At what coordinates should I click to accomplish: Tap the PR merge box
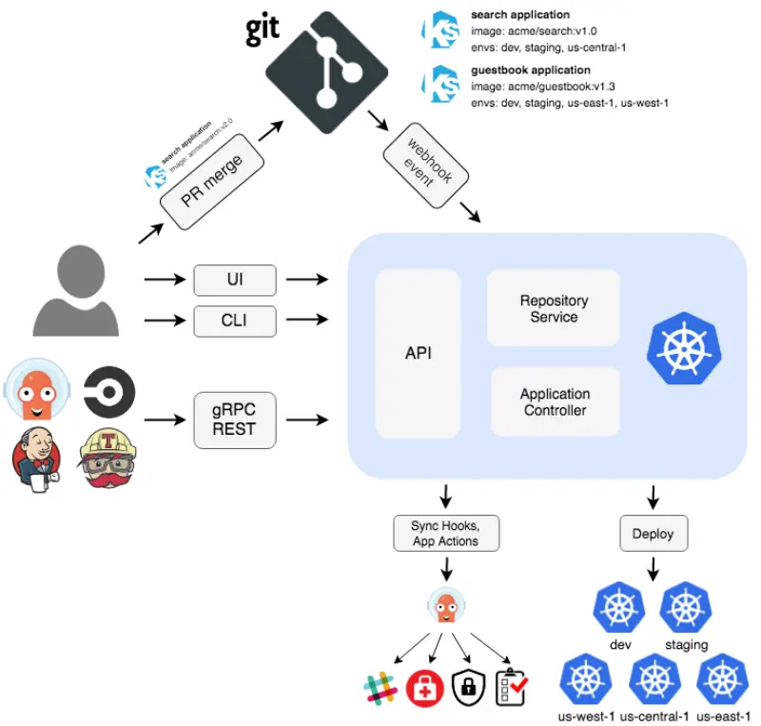211,181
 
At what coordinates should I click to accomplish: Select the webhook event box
420,161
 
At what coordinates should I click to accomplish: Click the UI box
235,281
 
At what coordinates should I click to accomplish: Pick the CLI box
235,321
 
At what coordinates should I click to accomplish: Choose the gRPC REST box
235,419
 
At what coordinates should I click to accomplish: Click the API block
419,352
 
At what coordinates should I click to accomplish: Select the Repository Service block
554,307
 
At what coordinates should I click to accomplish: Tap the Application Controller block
555,402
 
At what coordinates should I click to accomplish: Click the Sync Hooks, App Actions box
445,533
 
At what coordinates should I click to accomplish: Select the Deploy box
653,533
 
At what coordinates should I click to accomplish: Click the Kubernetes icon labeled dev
620,609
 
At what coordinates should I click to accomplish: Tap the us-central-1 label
654,715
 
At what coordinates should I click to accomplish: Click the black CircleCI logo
109,391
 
